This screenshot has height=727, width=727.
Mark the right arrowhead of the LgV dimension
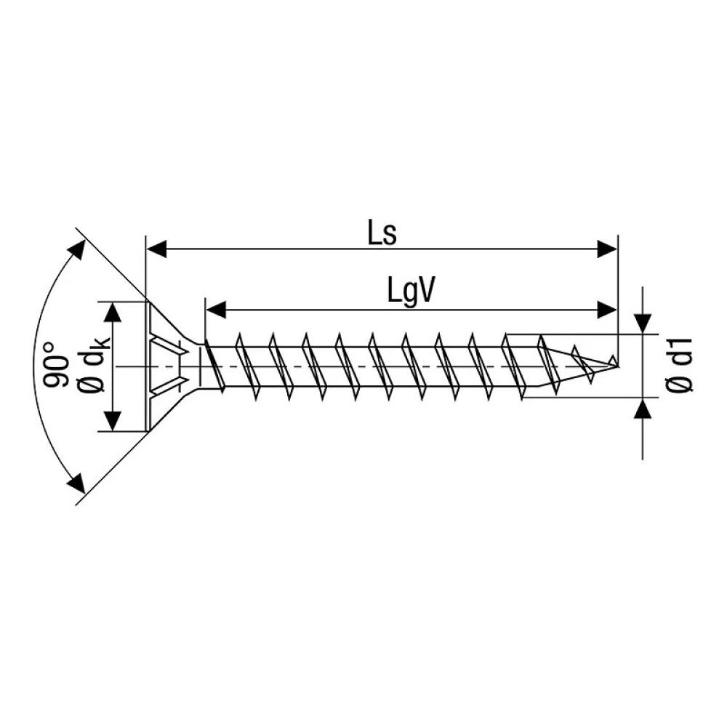[606, 310]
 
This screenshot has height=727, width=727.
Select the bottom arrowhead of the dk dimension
[113, 420]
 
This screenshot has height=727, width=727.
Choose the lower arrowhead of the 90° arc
[74, 481]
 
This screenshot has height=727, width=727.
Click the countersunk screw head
[164, 366]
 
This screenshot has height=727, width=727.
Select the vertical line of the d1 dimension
[643, 371]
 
